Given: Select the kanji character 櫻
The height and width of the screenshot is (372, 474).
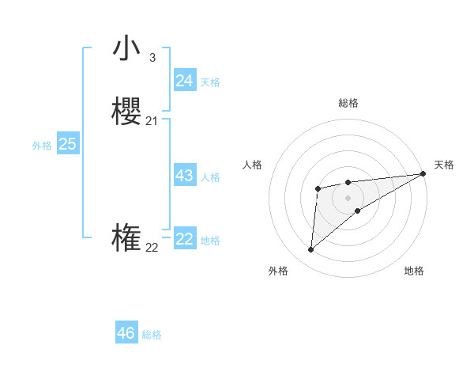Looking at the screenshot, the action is tap(126, 111).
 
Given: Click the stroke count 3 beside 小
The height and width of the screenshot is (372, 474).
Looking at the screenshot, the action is tap(152, 57).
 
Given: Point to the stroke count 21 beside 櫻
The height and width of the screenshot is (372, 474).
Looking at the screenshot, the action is tap(152, 120).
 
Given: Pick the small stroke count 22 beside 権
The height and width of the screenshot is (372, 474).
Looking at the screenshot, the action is tap(152, 247).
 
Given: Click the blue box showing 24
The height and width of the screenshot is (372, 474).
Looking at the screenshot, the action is tap(184, 81).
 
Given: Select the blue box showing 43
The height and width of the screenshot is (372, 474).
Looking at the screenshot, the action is tap(184, 176).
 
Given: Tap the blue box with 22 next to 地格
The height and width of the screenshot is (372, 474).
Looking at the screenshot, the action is tap(184, 239).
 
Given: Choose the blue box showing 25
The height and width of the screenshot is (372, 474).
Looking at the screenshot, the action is tap(67, 144).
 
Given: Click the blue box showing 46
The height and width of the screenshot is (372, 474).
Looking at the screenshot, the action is tap(126, 333).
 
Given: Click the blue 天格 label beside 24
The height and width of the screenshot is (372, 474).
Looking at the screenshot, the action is tap(210, 82).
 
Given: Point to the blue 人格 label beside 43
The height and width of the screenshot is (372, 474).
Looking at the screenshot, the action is tap(210, 177).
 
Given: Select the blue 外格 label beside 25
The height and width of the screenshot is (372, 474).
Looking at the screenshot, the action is tap(42, 146).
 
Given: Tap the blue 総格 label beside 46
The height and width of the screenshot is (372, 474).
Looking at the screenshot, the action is tap(152, 335).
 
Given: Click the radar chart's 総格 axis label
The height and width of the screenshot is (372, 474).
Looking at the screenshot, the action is tap(348, 103).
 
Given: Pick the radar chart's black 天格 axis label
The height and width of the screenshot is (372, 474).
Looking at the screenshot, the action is tap(444, 165).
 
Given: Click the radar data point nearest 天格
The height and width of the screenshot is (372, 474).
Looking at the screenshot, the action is tap(424, 173).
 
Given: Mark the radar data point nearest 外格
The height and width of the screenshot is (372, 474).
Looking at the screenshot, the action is tap(310, 250).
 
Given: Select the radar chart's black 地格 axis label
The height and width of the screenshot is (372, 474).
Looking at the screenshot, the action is tap(414, 271).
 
